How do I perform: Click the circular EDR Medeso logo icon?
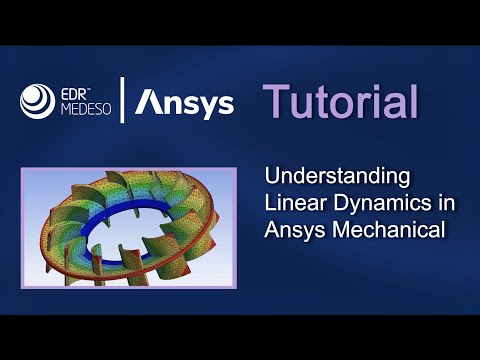(37, 102)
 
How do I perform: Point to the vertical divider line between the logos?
(122, 101)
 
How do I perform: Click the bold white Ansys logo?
(184, 102)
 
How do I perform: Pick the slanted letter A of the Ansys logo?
(146, 102)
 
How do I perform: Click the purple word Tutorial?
(339, 101)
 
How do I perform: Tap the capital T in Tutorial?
(276, 101)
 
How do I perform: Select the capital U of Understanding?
(272, 176)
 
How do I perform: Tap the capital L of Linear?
(270, 203)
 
